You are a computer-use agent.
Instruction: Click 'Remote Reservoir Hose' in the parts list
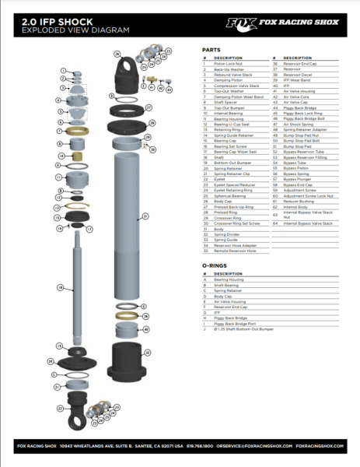[233, 251]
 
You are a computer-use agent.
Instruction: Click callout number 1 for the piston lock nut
[62, 70]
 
